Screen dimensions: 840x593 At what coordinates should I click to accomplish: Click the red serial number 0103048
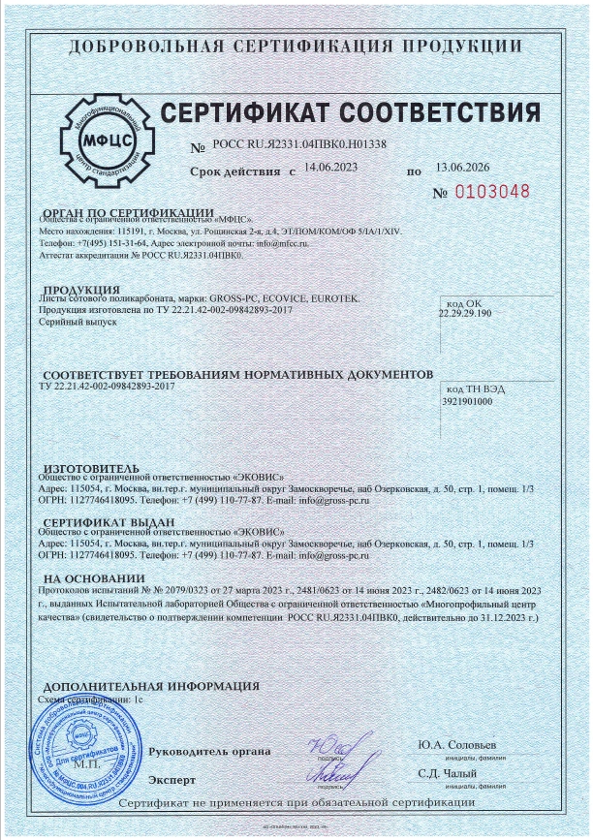coord(494,191)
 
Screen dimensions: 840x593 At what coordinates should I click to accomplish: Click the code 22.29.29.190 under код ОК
coord(465,314)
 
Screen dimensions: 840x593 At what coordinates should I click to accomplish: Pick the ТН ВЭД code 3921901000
coord(467,399)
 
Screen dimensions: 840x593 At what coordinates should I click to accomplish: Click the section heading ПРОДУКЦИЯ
coord(83,290)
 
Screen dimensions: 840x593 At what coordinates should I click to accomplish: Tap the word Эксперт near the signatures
coord(172,779)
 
